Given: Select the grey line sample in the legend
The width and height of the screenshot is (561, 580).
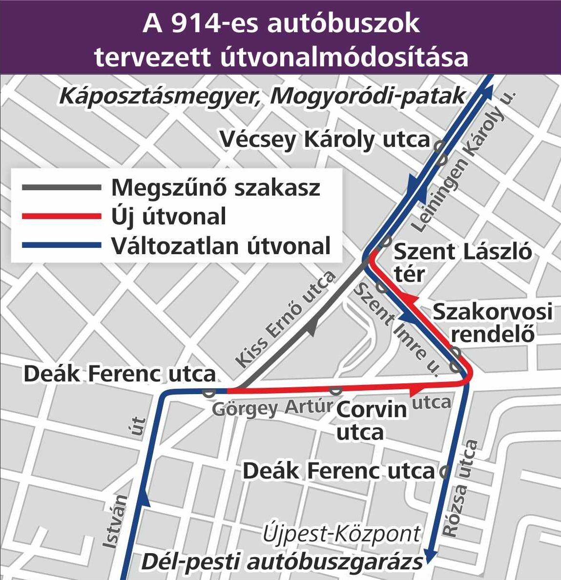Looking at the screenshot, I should tap(61, 187).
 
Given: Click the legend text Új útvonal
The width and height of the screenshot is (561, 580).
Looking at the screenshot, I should tap(168, 216).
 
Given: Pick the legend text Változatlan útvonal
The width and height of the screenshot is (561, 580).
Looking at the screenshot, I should tap(221, 245).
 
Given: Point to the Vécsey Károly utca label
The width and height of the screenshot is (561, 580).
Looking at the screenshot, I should tap(325, 140).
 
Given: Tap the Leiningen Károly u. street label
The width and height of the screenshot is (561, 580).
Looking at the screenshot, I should tap(463, 161).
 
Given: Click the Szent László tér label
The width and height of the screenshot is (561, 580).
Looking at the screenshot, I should tap(462, 262).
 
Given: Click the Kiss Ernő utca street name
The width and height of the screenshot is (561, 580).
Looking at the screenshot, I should tap(286, 319).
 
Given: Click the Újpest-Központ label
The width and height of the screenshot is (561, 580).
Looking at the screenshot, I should tap(341, 534).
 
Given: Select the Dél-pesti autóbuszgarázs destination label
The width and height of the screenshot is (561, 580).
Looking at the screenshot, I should tap(282, 561).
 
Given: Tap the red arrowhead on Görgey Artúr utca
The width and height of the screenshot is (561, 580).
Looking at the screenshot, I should tap(417, 389).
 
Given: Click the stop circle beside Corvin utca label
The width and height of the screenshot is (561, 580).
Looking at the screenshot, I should tap(335, 390).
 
